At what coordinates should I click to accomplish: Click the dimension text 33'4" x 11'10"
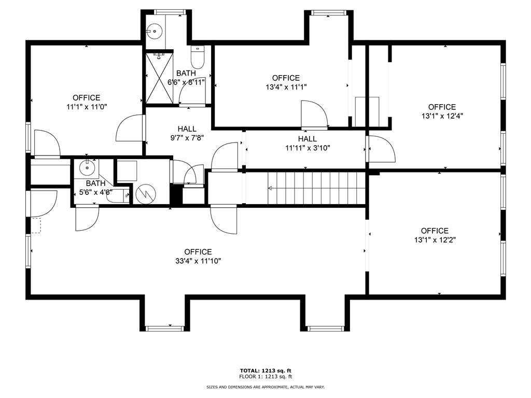pos(198,262)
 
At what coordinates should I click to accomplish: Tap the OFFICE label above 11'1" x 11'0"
pos(86,97)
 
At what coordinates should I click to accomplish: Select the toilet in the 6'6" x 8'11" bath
pos(198,56)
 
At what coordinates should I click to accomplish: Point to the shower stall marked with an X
pos(159,78)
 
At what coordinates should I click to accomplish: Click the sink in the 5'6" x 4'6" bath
pos(86,167)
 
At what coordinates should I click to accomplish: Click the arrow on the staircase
pos(271,188)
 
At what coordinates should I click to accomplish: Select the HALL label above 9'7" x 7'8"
pos(187,129)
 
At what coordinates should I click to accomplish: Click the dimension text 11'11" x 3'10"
pos(308,148)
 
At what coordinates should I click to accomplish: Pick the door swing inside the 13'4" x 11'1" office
pos(314,114)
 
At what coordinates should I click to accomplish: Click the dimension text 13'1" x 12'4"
pos(442,117)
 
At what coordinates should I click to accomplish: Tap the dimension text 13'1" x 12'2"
pos(435,240)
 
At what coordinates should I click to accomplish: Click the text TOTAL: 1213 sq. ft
pos(265,371)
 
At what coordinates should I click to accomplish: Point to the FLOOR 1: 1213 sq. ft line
pos(265,377)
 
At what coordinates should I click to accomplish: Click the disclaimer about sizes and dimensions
pos(265,387)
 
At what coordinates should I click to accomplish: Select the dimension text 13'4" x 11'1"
pos(286,88)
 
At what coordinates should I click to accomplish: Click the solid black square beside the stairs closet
pos(176,195)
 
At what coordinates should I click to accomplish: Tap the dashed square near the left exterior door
pos(36,225)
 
